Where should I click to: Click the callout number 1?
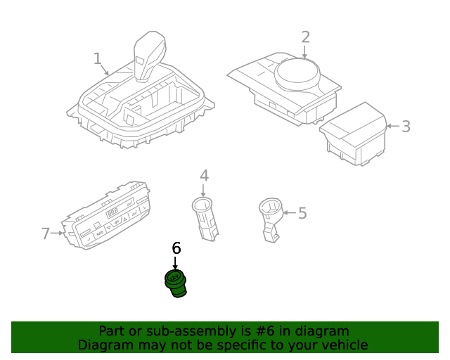(98, 58)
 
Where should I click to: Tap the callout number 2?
(305, 37)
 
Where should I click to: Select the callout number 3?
(406, 127)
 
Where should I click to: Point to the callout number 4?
(204, 175)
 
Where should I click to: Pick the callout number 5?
(302, 212)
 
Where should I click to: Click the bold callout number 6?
(176, 248)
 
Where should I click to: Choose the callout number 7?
(46, 233)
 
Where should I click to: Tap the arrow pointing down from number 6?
(176, 262)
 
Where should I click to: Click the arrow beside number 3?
(392, 127)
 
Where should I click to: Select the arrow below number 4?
(204, 189)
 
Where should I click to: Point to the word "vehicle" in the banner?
(343, 345)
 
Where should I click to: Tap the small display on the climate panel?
(112, 212)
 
